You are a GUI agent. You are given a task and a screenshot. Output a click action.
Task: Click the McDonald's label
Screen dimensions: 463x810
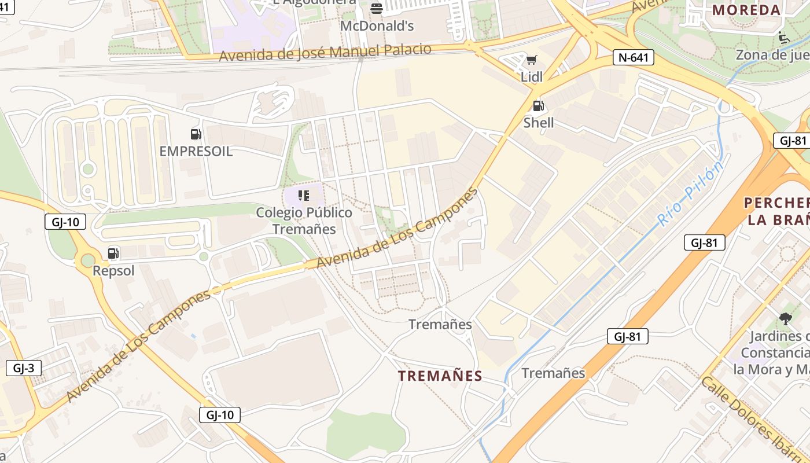coord(377,26)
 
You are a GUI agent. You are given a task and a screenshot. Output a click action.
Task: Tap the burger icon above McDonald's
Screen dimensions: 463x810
coord(377,8)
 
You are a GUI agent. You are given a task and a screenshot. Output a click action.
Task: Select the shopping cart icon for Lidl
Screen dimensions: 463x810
coord(531,60)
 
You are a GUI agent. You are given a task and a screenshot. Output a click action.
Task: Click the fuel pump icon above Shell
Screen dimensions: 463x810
coord(538,106)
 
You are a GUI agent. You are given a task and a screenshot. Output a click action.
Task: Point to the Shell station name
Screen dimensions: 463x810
coord(538,123)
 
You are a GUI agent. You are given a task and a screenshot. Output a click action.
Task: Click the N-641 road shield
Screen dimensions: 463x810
coord(633,57)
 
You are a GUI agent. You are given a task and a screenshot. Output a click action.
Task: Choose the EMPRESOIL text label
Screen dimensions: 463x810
coord(196,152)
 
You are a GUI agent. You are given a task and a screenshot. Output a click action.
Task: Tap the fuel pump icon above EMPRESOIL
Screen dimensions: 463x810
coord(196,135)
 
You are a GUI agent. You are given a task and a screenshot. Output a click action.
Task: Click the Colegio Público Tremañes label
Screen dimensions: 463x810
coord(304,221)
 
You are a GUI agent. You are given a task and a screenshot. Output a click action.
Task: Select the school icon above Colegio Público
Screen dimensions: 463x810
coord(304,196)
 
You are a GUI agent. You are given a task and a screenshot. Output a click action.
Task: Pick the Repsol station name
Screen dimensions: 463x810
coord(113,271)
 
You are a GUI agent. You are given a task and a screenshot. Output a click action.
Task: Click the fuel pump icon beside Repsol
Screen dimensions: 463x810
coord(113,253)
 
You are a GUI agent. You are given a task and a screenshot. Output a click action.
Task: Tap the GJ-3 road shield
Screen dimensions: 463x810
coord(24,368)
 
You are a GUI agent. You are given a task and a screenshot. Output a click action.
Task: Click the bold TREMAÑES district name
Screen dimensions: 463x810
coord(440,376)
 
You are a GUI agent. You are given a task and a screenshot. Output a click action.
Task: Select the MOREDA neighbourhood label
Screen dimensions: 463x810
coord(747,10)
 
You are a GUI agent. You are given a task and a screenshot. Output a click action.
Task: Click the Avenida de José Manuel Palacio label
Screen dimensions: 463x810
coord(325,53)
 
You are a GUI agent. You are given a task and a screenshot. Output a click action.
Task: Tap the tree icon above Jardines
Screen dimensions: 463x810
coord(785,318)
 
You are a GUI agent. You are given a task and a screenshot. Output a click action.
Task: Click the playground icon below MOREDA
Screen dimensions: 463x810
coord(784,38)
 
